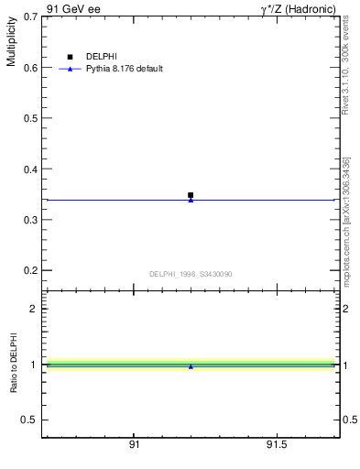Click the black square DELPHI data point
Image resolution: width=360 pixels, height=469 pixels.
(191, 194)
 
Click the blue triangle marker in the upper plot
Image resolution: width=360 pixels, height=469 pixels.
(191, 200)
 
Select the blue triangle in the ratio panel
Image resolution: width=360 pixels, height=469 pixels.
(191, 366)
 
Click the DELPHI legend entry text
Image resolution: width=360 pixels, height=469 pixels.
(102, 57)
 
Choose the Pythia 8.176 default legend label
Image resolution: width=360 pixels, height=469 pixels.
(125, 69)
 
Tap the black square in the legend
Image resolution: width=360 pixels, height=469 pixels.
(70, 57)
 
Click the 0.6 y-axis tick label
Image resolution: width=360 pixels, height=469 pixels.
(31, 68)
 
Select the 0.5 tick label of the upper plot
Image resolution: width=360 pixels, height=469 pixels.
(31, 119)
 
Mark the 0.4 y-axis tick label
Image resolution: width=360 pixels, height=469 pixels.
(31, 169)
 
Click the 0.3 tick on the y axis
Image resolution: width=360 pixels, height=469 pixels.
(31, 221)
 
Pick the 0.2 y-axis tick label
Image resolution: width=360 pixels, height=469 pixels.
(31, 271)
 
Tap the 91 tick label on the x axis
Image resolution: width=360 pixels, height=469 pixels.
(135, 444)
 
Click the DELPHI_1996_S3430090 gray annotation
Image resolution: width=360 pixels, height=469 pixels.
(191, 274)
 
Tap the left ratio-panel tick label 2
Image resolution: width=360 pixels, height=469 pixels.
(33, 309)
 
